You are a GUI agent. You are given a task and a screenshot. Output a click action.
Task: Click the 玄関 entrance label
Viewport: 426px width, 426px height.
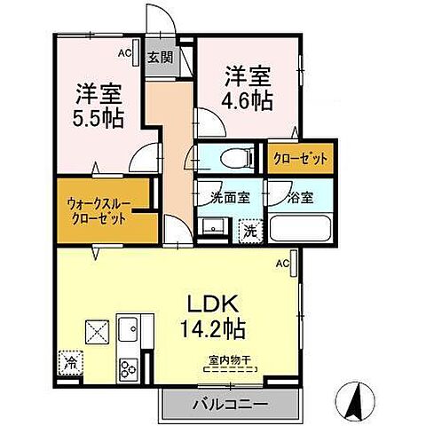pyautogui.click(x=161, y=60)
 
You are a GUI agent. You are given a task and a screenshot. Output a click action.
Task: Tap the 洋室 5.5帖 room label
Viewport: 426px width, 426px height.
pyautogui.click(x=98, y=104)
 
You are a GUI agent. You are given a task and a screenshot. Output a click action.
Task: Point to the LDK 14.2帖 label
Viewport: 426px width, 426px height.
pyautogui.click(x=212, y=315)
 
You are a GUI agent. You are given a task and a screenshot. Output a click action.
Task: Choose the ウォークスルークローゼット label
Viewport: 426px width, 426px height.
pyautogui.click(x=99, y=209)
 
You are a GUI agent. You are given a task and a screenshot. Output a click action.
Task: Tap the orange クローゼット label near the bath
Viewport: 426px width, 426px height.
pyautogui.click(x=302, y=159)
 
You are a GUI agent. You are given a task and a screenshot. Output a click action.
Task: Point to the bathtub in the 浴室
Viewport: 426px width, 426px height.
pyautogui.click(x=302, y=228)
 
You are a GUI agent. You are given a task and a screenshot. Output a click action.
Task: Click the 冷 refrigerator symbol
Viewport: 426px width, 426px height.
pyautogui.click(x=69, y=363)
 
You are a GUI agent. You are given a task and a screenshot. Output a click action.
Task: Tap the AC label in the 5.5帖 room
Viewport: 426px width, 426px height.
pyautogui.click(x=123, y=54)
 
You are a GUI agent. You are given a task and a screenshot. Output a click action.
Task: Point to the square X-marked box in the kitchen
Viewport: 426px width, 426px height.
pyautogui.click(x=96, y=330)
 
